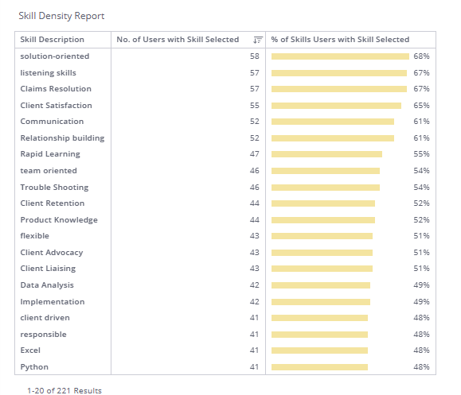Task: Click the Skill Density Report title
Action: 61,16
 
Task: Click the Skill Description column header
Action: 52,39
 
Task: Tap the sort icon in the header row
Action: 257,40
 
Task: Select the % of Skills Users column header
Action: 340,39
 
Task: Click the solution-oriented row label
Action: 55,56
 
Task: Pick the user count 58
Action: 255,56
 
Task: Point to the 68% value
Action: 421,56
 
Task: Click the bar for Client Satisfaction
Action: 336,106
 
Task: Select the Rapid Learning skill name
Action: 50,154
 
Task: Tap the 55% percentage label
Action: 421,154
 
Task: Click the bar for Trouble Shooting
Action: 326,188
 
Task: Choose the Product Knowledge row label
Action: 59,220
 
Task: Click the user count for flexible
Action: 255,236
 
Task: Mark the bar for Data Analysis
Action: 321,285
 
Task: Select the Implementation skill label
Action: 53,302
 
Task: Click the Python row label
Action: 34,367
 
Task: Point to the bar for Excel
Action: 319,350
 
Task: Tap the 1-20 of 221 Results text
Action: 64,391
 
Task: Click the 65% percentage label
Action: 421,106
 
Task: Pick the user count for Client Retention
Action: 255,203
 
